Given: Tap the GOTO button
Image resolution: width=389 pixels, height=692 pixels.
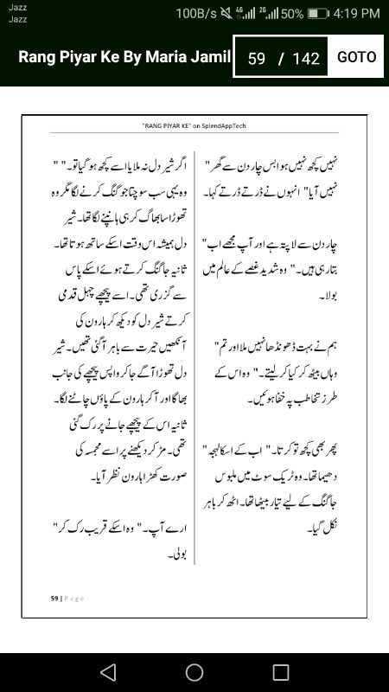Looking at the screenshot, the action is click(356, 57).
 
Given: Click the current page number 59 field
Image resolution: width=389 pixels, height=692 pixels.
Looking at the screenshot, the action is click(256, 59).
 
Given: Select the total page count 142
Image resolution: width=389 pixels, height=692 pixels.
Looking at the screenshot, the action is click(306, 59).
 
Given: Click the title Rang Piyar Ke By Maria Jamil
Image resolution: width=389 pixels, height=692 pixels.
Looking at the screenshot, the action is click(124, 57).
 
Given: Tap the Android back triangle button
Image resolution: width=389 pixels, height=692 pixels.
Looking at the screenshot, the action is click(107, 672).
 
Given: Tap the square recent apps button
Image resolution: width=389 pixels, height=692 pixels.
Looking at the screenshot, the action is click(281, 672).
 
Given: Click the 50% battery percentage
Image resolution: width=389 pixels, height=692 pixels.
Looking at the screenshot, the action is click(291, 14).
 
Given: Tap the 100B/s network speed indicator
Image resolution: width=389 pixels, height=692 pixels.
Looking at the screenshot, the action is click(197, 14).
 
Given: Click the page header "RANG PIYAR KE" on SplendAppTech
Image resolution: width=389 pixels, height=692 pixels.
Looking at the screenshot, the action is click(194, 125).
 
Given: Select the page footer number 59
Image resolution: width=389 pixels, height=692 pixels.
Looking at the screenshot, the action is click(54, 598).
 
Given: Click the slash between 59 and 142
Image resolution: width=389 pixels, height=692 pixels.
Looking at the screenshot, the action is click(280, 59).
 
